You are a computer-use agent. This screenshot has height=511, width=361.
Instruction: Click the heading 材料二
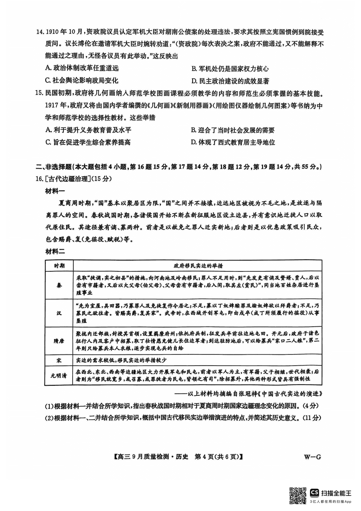pos(56,252)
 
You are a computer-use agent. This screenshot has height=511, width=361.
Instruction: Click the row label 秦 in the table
pos(59,285)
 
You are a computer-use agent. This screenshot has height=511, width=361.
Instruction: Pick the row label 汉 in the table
pos(59,313)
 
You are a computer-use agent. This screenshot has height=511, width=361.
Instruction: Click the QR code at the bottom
pos(298,495)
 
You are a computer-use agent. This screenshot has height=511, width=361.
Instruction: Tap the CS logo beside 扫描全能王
pos(314,493)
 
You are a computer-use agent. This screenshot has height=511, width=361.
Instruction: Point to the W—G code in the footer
pos(314,456)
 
